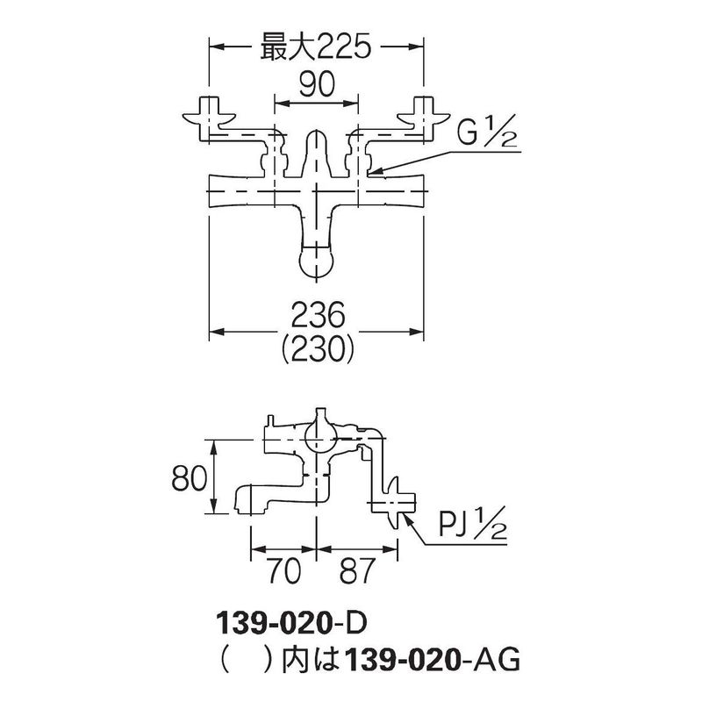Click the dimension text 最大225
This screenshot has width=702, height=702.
tap(316, 47)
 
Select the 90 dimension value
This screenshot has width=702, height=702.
tap(317, 84)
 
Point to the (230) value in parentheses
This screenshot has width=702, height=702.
tap(318, 349)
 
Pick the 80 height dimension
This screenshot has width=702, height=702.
tap(190, 477)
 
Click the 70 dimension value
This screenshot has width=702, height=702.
tap(284, 571)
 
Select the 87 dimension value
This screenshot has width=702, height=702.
tap(356, 571)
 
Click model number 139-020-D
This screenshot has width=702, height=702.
tap(291, 623)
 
